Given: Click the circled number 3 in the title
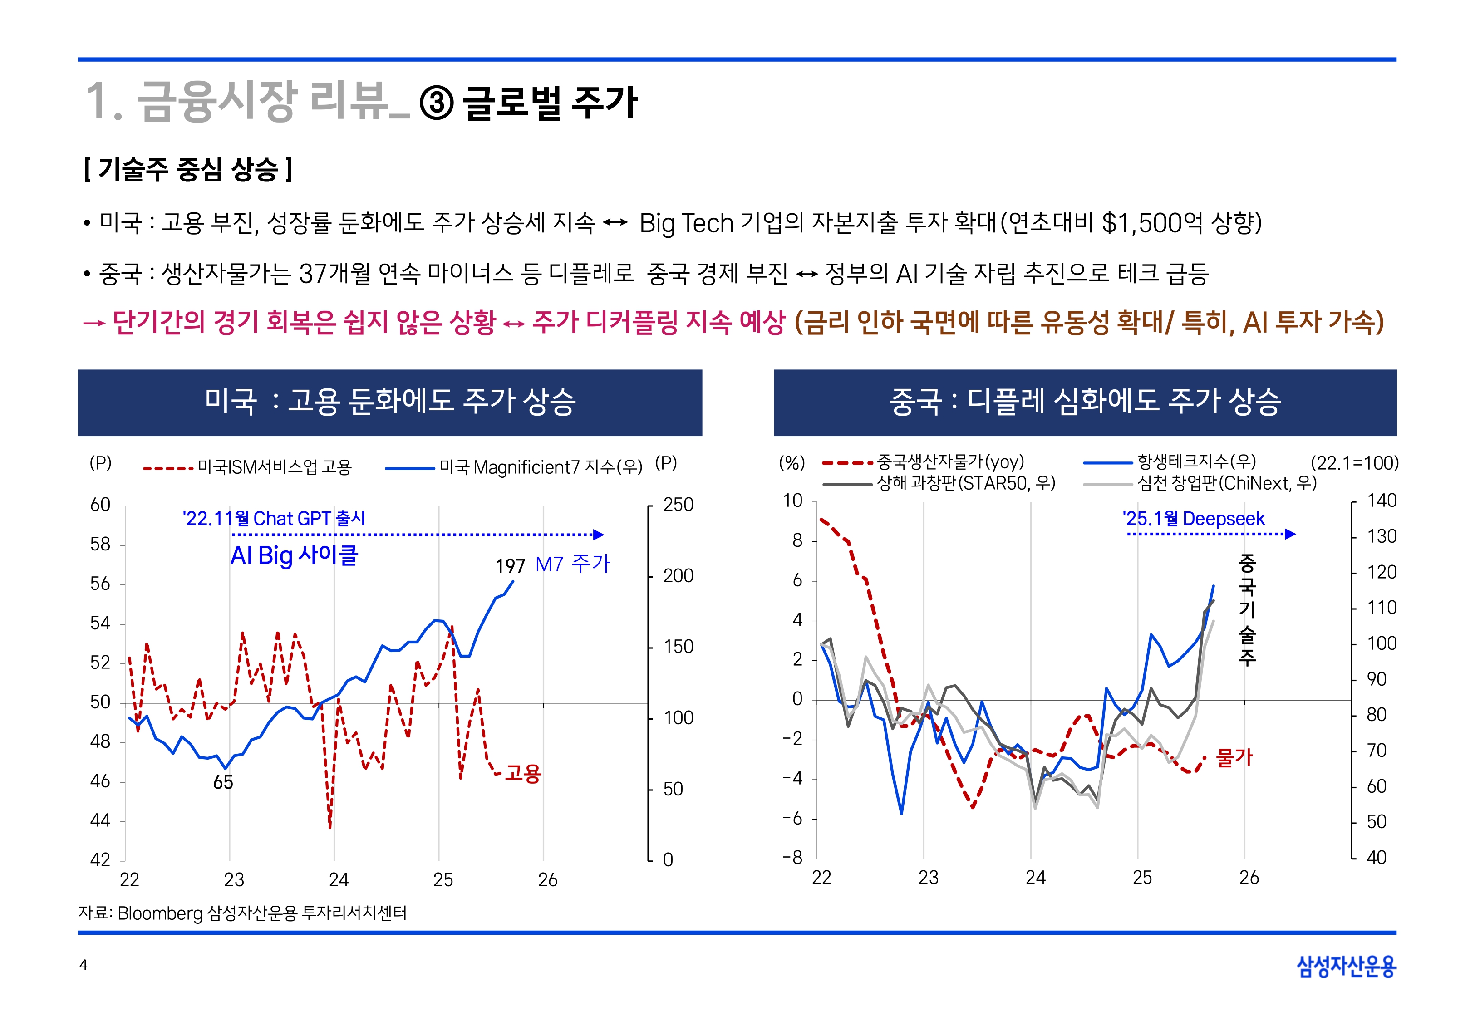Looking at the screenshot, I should tap(437, 103).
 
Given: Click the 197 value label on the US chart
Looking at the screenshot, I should tap(510, 565).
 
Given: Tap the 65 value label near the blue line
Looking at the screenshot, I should tap(222, 782).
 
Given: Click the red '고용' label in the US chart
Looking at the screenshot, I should tap(523, 773).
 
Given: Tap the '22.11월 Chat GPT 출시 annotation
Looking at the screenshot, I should tap(274, 518).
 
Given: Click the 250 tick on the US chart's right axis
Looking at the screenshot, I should tap(678, 505).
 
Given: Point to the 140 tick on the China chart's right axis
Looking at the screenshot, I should tap(1381, 501).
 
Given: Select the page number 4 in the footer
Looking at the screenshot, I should tap(83, 965).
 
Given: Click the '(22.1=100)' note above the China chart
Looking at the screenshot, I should tap(1354, 462).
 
